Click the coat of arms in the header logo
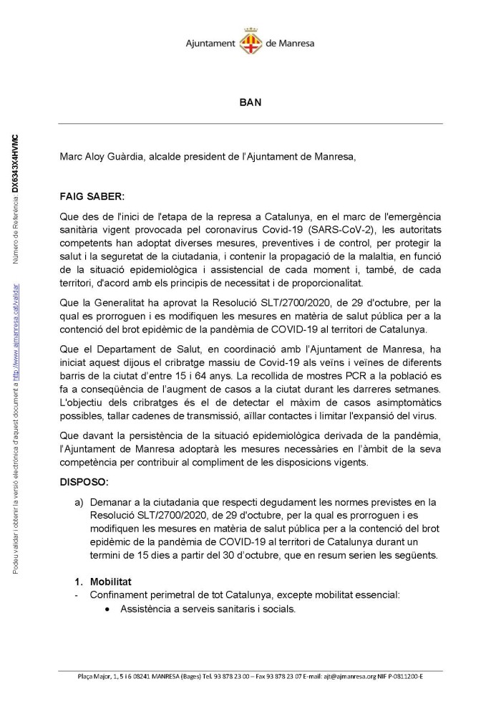[250, 39]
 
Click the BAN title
[250, 102]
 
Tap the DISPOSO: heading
[84, 483]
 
